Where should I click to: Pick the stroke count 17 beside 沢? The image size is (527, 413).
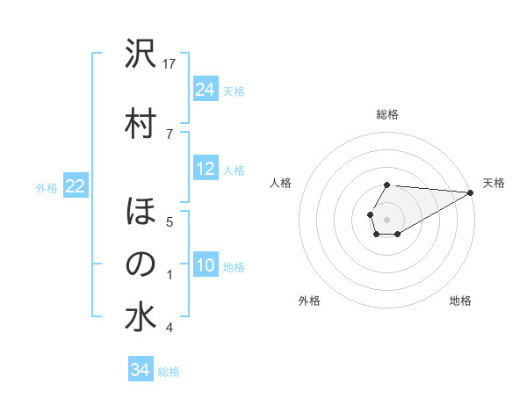(x=170, y=63)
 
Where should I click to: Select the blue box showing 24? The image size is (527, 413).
(x=206, y=90)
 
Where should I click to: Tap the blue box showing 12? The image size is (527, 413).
(x=206, y=169)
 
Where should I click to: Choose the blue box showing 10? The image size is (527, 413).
(x=206, y=265)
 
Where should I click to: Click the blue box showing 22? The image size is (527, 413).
(x=76, y=186)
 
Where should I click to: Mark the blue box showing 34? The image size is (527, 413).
(x=141, y=370)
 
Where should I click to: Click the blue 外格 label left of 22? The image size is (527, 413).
(x=47, y=187)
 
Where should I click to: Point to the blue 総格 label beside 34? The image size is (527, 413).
(x=169, y=372)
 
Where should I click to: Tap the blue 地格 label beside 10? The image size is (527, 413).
(x=234, y=266)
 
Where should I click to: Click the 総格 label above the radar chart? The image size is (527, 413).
(x=386, y=114)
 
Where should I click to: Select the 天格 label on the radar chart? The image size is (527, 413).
(x=494, y=183)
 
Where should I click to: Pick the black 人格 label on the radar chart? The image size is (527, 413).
(x=281, y=183)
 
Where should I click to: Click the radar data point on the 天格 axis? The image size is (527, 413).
(x=471, y=192)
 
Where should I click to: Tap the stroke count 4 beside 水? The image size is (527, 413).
(x=170, y=328)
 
